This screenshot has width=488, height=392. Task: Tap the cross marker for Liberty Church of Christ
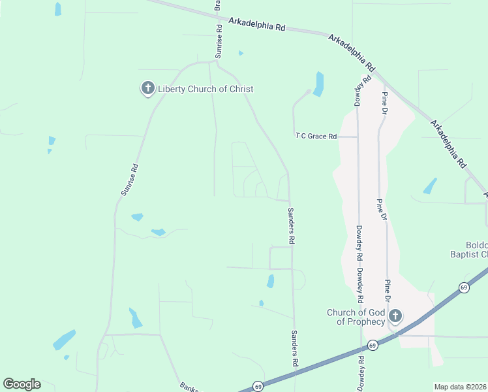(x=148, y=88)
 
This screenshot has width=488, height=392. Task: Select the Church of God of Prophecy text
(x=356, y=317)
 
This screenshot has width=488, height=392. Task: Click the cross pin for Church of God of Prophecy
(x=395, y=317)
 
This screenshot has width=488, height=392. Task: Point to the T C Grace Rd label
(x=316, y=137)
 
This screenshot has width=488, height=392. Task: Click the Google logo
(x=22, y=384)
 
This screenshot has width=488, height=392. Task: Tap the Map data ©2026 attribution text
(x=460, y=387)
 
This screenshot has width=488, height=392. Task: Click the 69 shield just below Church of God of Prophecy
(x=372, y=345)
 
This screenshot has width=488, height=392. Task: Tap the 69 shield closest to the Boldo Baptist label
(x=464, y=287)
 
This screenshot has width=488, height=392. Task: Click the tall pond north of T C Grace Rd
(x=318, y=84)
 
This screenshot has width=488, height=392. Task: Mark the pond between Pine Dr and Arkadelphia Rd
(x=430, y=186)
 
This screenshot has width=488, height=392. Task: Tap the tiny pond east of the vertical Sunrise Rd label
(x=241, y=53)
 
